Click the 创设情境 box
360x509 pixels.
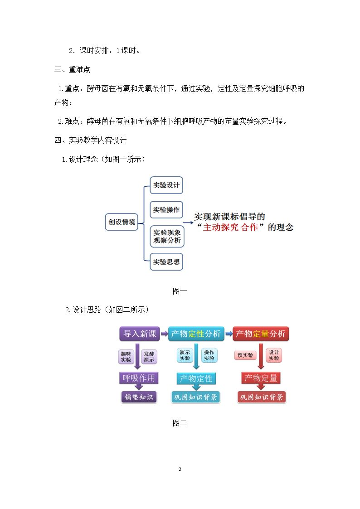click(x=122, y=222)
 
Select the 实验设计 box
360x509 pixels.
click(x=166, y=185)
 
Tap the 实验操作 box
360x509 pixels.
click(x=166, y=210)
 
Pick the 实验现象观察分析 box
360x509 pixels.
click(x=167, y=236)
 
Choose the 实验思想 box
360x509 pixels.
click(x=166, y=262)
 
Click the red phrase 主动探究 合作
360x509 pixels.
click(x=230, y=227)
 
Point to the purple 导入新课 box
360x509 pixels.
click(x=140, y=334)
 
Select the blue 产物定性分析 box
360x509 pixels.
click(x=196, y=334)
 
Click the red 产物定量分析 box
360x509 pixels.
click(x=261, y=334)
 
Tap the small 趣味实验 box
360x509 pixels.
click(x=126, y=357)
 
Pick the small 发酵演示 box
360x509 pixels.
click(x=149, y=357)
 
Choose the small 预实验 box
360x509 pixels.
click(x=245, y=355)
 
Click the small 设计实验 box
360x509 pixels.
click(x=274, y=355)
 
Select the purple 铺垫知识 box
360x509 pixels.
click(x=139, y=397)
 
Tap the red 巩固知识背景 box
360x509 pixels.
click(x=261, y=397)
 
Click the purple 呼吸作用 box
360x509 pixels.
click(x=139, y=378)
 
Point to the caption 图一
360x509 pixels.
click(x=180, y=291)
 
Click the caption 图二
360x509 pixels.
click(x=180, y=423)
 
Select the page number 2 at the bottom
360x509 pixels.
click(x=180, y=469)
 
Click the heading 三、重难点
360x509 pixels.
click(x=72, y=69)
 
